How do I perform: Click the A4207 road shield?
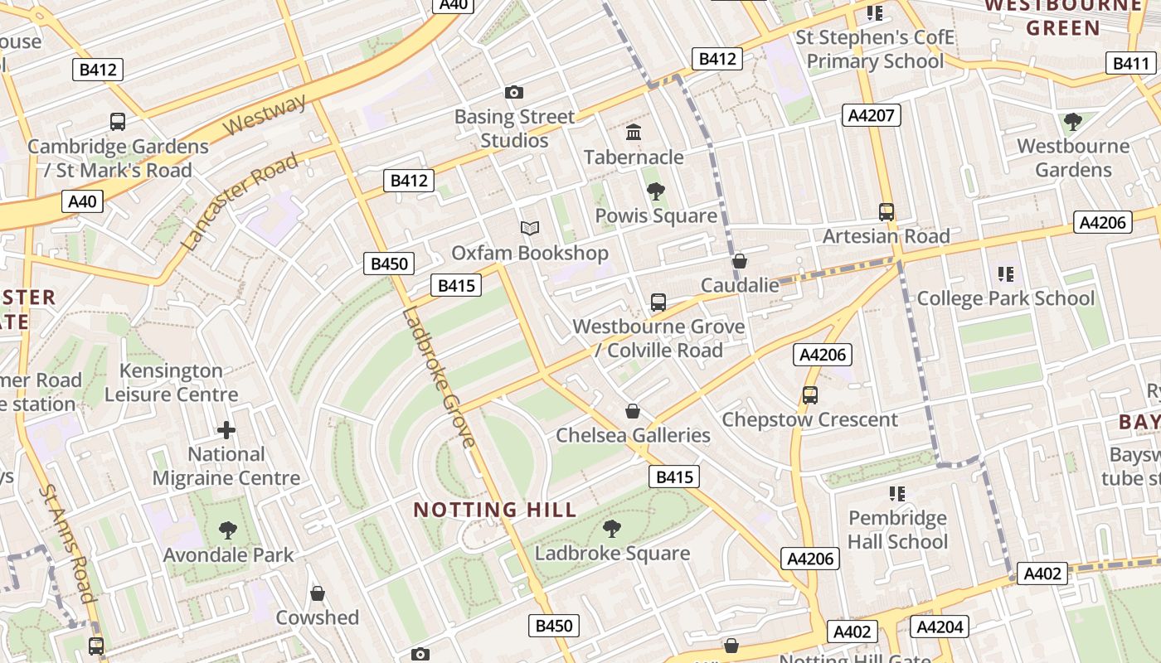click(871, 115)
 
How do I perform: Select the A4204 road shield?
click(940, 627)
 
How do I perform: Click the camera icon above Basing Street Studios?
click(514, 92)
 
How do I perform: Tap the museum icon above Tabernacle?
click(634, 132)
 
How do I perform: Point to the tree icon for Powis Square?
click(656, 191)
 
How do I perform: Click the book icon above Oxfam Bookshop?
click(530, 228)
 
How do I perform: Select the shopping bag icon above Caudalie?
click(740, 261)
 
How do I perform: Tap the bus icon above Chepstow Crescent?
click(810, 395)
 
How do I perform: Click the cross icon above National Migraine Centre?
click(226, 429)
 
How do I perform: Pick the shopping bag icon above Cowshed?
click(317, 593)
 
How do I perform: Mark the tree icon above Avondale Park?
click(228, 530)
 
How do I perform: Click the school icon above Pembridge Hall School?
click(896, 494)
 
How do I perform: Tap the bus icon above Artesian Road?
click(887, 211)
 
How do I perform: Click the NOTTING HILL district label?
click(494, 510)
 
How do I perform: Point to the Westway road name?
click(265, 115)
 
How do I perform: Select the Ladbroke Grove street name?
click(438, 377)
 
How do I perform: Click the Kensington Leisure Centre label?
click(172, 382)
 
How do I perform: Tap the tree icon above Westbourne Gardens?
click(1073, 122)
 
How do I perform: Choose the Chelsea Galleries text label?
click(633, 435)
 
